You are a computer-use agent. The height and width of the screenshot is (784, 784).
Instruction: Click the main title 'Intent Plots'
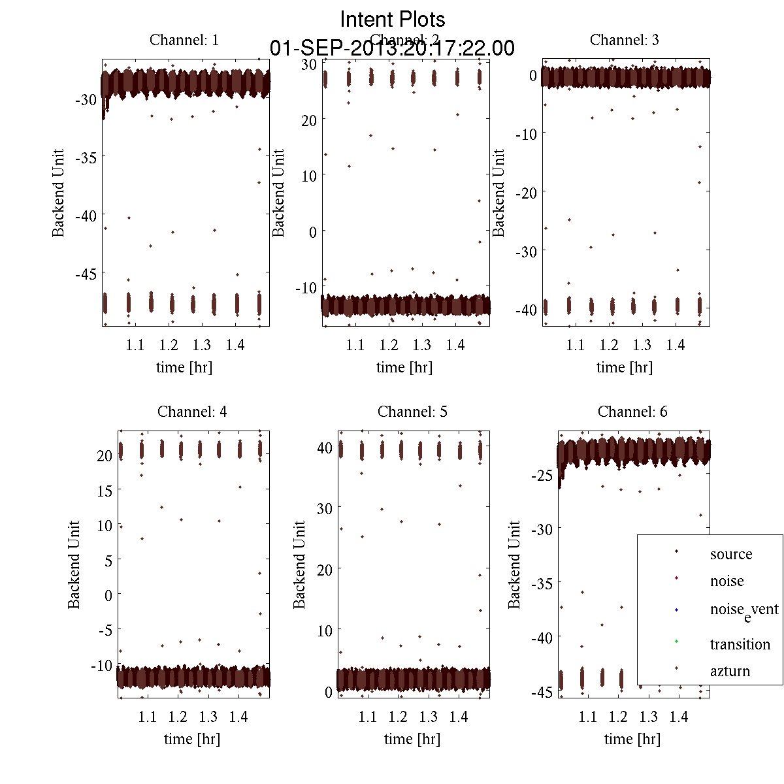393,19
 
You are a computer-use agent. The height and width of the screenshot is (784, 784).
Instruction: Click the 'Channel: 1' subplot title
184,40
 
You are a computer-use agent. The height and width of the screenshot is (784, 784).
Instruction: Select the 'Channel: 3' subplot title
624,40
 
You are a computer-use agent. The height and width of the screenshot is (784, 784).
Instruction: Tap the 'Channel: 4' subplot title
192,412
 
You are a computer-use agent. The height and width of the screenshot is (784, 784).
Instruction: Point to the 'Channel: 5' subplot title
412,412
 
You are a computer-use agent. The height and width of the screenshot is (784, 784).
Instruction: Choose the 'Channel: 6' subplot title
632,412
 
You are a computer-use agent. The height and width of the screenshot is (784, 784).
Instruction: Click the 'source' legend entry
731,554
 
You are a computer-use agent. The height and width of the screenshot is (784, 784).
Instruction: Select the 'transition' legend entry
740,644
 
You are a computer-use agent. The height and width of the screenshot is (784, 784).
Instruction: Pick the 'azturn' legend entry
730,671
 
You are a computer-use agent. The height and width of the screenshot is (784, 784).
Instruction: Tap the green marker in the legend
676,641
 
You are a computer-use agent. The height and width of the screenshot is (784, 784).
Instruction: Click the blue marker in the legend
676,610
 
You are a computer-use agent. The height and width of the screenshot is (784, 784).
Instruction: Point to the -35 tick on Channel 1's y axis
86,157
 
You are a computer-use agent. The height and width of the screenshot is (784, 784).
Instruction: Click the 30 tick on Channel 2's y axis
309,64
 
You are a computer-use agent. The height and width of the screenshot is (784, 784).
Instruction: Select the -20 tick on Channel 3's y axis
526,192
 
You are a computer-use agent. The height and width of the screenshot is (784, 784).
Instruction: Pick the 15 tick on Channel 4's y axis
105,491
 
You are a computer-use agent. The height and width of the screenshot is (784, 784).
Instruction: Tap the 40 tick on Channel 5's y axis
325,448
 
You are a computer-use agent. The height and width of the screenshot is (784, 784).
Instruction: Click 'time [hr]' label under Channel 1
184,367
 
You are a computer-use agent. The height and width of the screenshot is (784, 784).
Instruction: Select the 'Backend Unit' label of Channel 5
299,564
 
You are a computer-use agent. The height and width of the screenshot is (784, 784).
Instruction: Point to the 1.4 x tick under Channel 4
238,717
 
